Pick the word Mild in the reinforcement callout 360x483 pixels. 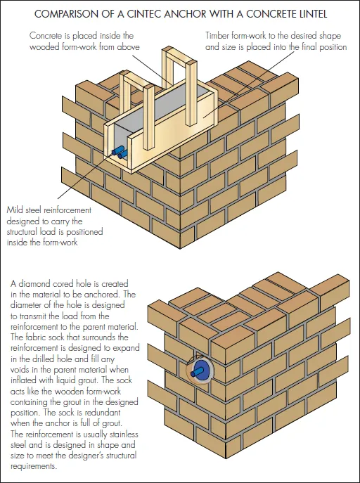pos(15,210)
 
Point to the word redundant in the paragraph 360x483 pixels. pos(103,413)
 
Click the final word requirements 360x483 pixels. pos(34,466)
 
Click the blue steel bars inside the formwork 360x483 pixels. pos(120,152)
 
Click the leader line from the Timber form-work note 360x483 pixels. pos(248,84)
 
